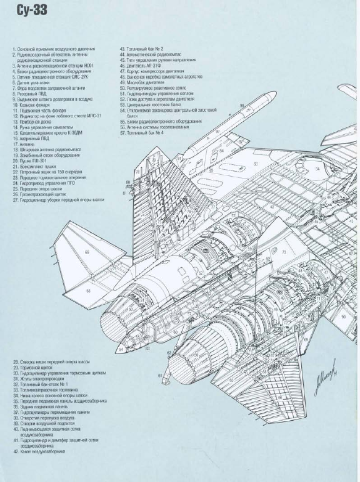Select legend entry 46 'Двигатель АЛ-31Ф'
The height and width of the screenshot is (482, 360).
[x=144, y=65]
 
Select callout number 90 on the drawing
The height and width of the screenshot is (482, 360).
[x=344, y=317]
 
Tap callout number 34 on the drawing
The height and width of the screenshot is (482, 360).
[x=317, y=169]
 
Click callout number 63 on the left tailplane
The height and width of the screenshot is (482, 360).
[x=89, y=291]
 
